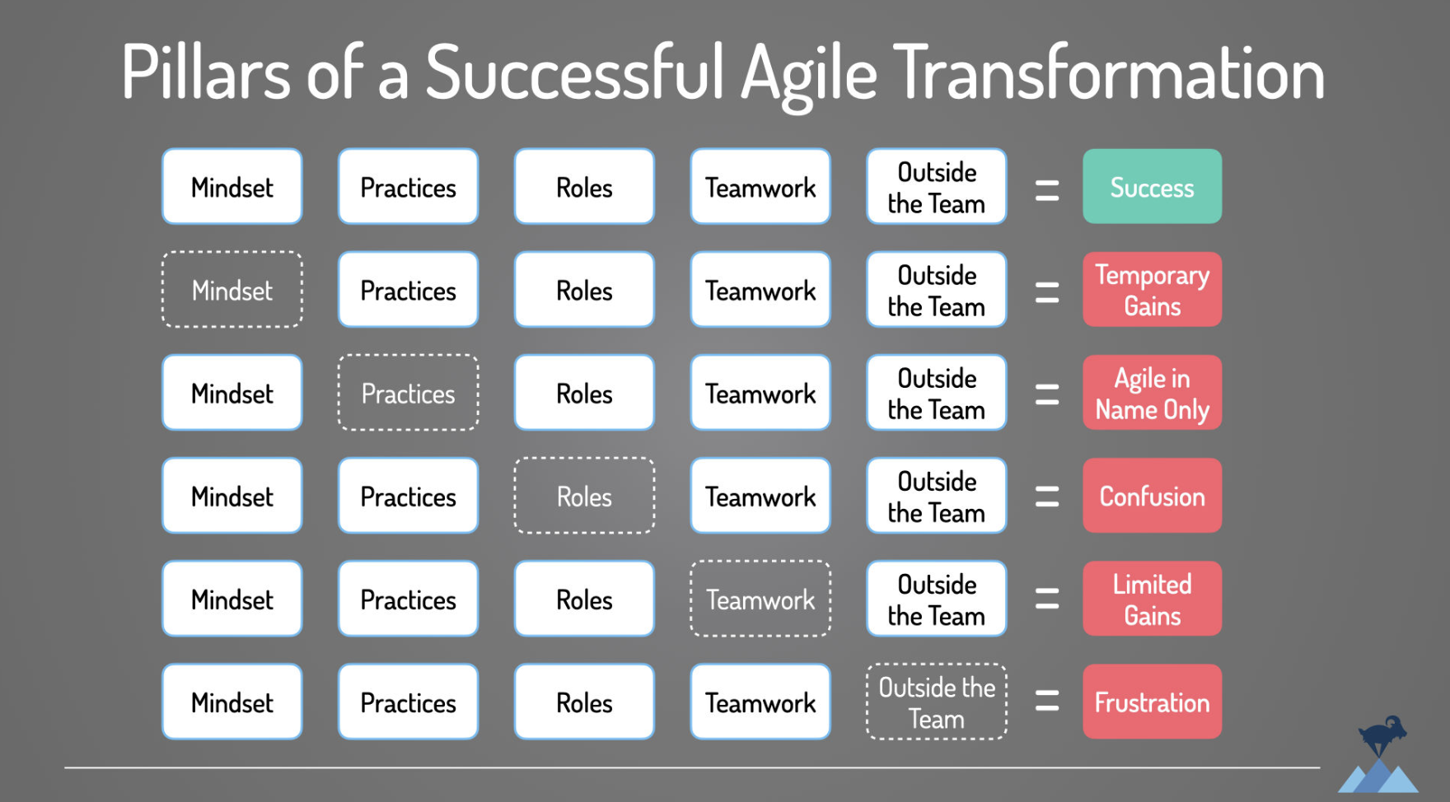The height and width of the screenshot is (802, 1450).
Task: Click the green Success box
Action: (x=1152, y=186)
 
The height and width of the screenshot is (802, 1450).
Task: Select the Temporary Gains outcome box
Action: (x=1152, y=289)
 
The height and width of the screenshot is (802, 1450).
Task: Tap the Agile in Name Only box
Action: (x=1152, y=392)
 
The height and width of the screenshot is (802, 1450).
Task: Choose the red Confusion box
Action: (x=1152, y=495)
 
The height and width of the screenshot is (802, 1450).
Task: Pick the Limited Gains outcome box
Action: (x=1152, y=598)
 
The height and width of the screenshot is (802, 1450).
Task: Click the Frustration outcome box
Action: (x=1152, y=701)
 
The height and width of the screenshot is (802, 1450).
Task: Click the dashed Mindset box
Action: (x=232, y=289)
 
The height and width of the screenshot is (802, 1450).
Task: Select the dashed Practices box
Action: (x=408, y=392)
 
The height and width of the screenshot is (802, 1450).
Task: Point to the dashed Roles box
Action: (x=584, y=495)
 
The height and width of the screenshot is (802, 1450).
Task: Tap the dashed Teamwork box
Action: (x=760, y=598)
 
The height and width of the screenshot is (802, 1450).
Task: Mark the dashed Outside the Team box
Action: (x=937, y=701)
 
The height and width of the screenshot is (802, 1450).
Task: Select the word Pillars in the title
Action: (x=206, y=72)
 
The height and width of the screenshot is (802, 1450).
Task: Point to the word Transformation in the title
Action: (x=1109, y=72)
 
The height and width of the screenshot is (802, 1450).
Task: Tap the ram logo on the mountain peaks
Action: (x=1378, y=754)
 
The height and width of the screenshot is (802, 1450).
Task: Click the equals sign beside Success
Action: (x=1047, y=191)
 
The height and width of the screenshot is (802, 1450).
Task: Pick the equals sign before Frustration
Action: (x=1047, y=701)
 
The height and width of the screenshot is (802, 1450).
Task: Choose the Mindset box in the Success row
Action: (x=232, y=186)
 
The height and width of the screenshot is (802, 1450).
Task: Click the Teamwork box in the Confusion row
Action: (x=760, y=495)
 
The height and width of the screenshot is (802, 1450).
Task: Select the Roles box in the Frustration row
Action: (x=584, y=701)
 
